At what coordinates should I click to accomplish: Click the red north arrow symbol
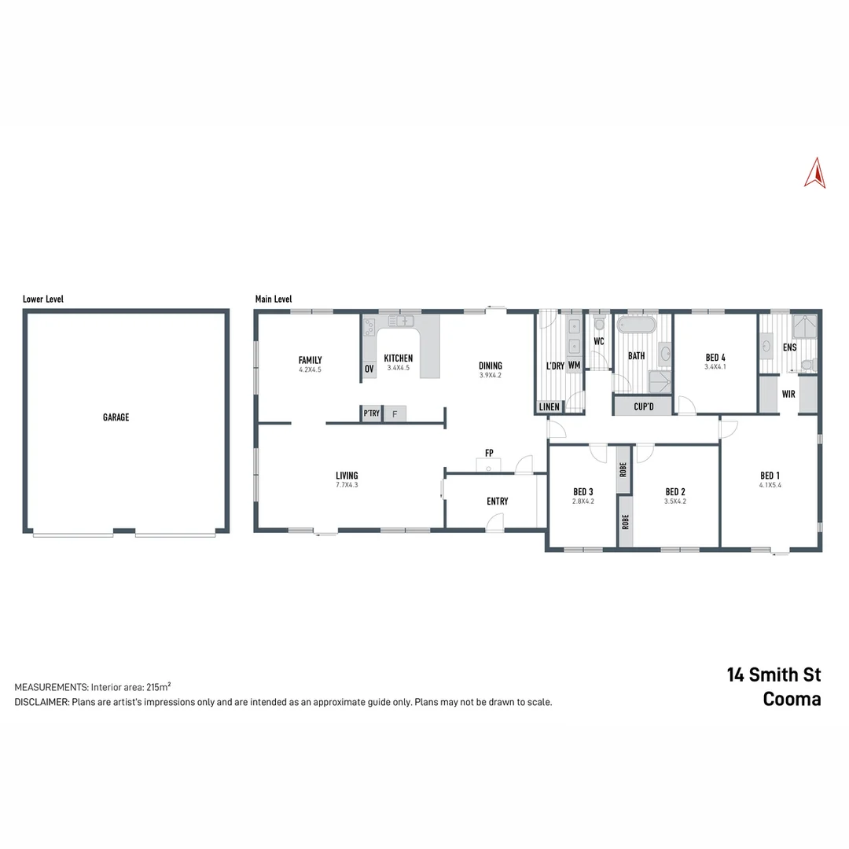coord(814,174)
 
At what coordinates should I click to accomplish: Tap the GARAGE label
coord(116,417)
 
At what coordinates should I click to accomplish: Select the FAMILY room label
coord(310,360)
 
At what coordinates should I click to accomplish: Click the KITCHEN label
coord(398,358)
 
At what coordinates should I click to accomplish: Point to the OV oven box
coord(369,369)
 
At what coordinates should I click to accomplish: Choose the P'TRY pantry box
coord(371,413)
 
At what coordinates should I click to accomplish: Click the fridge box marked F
coord(395,413)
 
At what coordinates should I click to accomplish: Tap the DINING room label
coord(491,366)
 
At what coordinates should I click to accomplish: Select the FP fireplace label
coord(489,453)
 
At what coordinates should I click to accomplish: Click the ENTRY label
coord(497,502)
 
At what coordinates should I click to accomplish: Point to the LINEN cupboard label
coord(549,407)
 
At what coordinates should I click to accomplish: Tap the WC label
coord(598,342)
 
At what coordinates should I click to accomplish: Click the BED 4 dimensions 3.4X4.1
coord(715,367)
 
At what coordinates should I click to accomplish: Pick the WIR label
coord(788,394)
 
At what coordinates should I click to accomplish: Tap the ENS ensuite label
coord(789,347)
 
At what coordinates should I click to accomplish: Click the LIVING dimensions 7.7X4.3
coord(347,485)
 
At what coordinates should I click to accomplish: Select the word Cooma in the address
coord(792,700)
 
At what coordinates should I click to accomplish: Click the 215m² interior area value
coord(159,686)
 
